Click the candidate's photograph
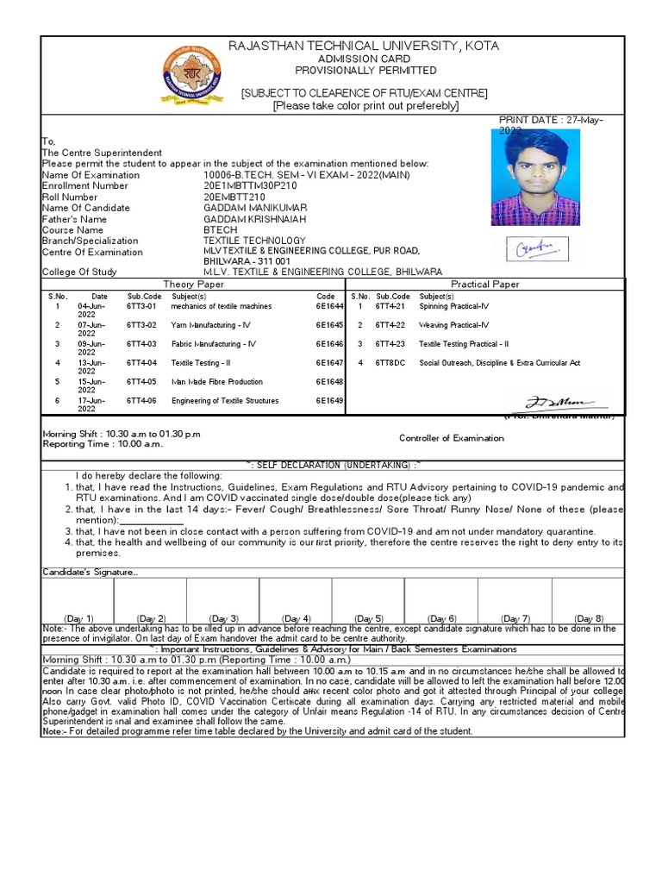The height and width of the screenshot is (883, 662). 535,178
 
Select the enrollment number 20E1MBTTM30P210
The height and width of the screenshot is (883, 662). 250,185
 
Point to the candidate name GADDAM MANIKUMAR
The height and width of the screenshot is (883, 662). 255,208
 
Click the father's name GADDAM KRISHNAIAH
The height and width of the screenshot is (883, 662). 255,219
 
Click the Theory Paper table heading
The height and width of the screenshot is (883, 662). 193,284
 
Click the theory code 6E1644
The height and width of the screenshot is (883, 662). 329,306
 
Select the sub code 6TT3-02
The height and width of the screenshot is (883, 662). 141,325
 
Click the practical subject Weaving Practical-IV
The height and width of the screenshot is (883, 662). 454,325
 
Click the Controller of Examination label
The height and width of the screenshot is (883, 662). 452,438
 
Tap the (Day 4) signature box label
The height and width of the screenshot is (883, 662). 297,618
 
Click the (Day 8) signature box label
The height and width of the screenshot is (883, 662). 590,618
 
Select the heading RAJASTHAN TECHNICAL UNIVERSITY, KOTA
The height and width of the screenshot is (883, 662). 363,46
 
